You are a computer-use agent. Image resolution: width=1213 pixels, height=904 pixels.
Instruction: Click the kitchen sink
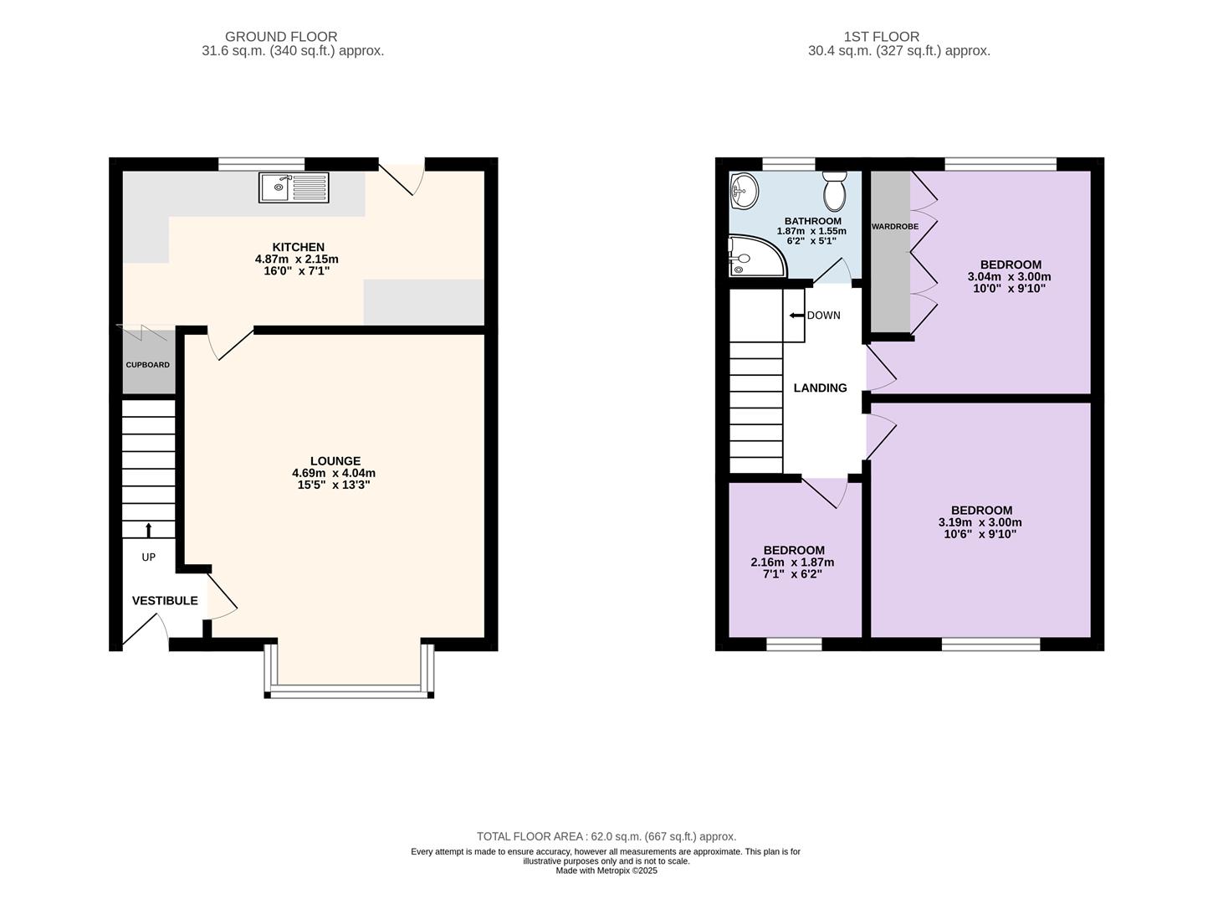coord(294,187)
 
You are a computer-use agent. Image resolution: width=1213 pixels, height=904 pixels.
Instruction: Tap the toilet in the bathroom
coord(835,191)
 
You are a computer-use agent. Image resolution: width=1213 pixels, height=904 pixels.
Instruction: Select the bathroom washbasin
coord(744,191)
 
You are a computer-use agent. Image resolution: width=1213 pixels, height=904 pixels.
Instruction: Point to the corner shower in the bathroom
coord(757,256)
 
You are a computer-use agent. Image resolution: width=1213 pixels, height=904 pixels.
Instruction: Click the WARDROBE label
coord(895,227)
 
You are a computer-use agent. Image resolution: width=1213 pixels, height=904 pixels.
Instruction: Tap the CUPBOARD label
coord(148,365)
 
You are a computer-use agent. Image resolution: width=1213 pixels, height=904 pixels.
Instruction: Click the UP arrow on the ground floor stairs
coord(148,530)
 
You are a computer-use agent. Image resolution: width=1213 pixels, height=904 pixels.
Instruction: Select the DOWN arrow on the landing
coord(796,316)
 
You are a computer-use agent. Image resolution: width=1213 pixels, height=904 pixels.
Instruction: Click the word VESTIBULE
coord(165,601)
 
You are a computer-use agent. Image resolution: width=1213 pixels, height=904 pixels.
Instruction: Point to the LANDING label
coord(821,388)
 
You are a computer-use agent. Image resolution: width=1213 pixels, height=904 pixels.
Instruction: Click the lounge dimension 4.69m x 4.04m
coord(334,473)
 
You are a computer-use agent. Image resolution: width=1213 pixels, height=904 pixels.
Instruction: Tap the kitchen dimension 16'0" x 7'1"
coord(296,271)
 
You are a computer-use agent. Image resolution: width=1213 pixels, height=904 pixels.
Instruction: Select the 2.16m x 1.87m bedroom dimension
coord(792,562)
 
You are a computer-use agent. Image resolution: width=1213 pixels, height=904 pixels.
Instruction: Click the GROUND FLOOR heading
coord(281,37)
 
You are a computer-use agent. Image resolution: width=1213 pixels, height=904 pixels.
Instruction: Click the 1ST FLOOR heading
coord(882,37)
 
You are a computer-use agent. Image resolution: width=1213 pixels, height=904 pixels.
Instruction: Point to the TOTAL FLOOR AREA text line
coord(606,837)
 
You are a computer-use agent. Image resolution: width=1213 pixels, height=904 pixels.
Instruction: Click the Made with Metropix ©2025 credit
coord(606,871)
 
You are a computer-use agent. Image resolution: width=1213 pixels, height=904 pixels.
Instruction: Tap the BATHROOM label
coord(812,221)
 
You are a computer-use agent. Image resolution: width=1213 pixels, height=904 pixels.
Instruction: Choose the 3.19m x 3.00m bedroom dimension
coord(980,522)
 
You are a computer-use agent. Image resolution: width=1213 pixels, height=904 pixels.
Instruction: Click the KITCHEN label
coord(299,247)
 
